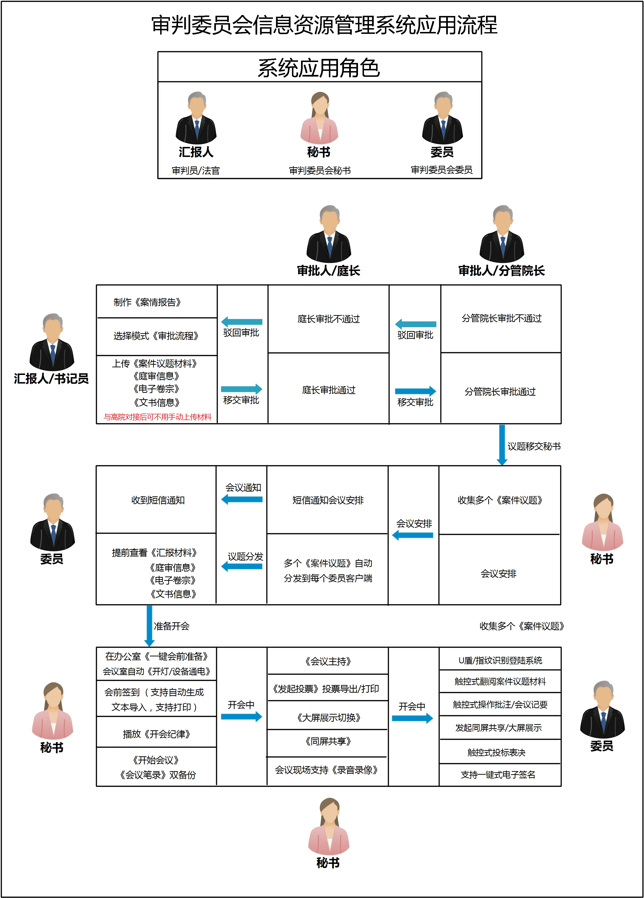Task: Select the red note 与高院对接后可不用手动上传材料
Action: coord(158,417)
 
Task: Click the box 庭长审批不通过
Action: coord(328,319)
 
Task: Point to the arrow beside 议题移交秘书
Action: coord(502,445)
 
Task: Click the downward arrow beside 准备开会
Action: coord(149,626)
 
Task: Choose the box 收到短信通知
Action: coord(158,500)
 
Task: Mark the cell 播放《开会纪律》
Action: coord(156,734)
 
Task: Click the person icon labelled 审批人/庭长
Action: coord(329,234)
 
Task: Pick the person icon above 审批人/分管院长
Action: coord(502,234)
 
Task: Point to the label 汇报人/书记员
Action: coord(51,379)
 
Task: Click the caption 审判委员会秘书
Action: coord(320,170)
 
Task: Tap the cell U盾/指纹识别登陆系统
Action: coord(500,660)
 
